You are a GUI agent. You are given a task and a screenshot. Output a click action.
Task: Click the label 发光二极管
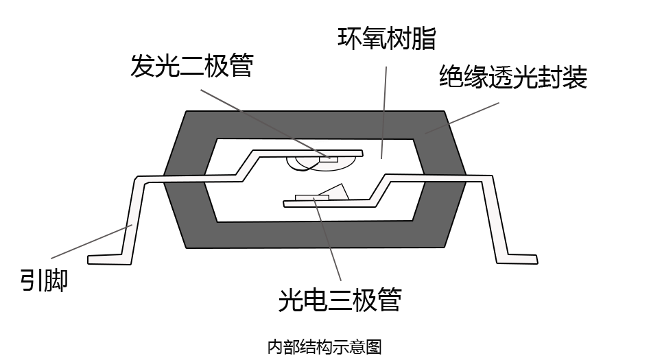(191, 67)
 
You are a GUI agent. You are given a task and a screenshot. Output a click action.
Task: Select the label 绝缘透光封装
(513, 77)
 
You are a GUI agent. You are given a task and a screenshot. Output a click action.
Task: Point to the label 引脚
(44, 279)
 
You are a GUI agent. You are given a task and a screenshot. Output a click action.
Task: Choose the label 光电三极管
(340, 300)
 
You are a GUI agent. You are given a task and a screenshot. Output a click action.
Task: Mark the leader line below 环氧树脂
(384, 110)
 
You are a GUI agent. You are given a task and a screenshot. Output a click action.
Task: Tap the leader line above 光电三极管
(328, 240)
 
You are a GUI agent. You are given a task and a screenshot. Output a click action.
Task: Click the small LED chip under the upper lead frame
(329, 158)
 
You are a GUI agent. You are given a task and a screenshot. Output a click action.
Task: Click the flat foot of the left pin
(108, 259)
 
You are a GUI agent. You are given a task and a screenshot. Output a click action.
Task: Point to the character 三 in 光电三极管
(339, 300)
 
